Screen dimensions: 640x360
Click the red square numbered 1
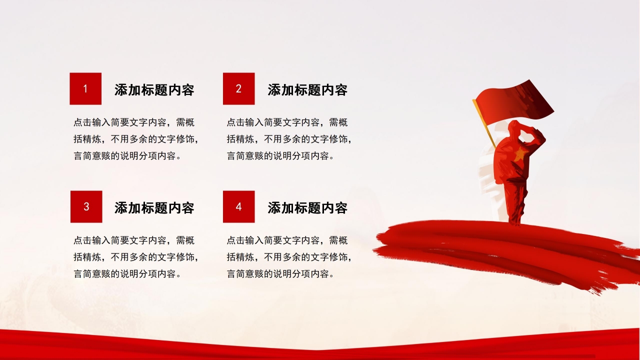tap(85, 88)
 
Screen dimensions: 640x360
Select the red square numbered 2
tap(239, 88)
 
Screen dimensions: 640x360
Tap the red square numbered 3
tap(86, 206)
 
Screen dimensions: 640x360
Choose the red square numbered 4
tap(239, 206)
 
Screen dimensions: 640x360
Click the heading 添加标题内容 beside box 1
tap(154, 89)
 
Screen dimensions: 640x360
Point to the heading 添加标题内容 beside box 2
tap(307, 89)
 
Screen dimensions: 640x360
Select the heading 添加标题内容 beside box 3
tap(154, 207)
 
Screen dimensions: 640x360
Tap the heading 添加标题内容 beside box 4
tap(307, 207)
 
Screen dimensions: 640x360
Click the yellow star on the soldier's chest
tap(520, 154)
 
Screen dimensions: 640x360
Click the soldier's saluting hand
tap(538, 134)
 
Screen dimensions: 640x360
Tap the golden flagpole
tap(484, 123)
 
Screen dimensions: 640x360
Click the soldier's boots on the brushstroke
tap(515, 220)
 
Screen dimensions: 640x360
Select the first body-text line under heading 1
tap(134, 122)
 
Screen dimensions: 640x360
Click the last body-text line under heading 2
tap(280, 155)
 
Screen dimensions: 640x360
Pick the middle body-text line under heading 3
tap(136, 257)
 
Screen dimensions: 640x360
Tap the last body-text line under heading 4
tap(280, 273)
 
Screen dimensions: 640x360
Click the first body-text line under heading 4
tap(287, 240)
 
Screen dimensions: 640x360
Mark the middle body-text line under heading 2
tap(289, 139)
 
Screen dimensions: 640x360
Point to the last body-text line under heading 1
tap(127, 155)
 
